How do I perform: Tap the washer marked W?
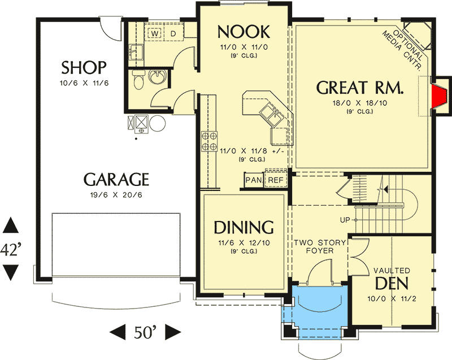[x=155, y=34]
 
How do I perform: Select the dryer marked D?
[x=173, y=34]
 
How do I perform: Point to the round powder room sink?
[x=158, y=77]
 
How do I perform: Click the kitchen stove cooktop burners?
[x=209, y=141]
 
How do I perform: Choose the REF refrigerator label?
[x=276, y=180]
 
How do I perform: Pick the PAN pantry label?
[x=253, y=180]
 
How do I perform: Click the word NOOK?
[x=244, y=32]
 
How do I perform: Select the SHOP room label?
[x=84, y=68]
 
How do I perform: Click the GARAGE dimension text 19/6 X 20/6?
[x=116, y=195]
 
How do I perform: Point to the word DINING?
[x=244, y=227]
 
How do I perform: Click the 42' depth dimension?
[x=10, y=249]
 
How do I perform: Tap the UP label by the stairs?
[x=345, y=220]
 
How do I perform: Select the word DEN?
[x=392, y=283]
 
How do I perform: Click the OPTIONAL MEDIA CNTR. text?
[x=404, y=49]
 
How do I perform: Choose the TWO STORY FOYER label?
[x=320, y=247]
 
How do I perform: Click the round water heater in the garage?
[x=158, y=123]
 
